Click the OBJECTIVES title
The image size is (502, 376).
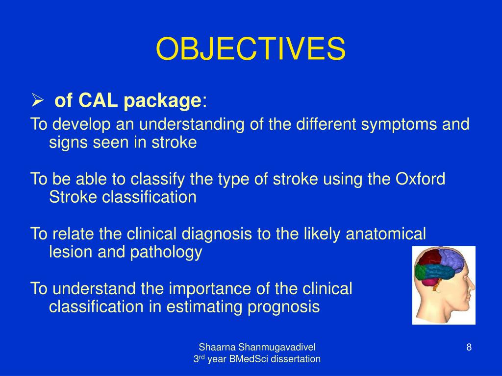coord(251,48)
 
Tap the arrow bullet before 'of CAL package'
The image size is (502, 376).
coord(37,100)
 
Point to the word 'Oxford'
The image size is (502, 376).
coord(420,179)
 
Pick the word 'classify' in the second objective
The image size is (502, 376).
coord(157,180)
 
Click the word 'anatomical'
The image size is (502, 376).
coord(386,234)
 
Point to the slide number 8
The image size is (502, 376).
coord(469,347)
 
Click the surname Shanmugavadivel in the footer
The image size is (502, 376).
coord(276,347)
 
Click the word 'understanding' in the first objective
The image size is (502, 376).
coord(192,125)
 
